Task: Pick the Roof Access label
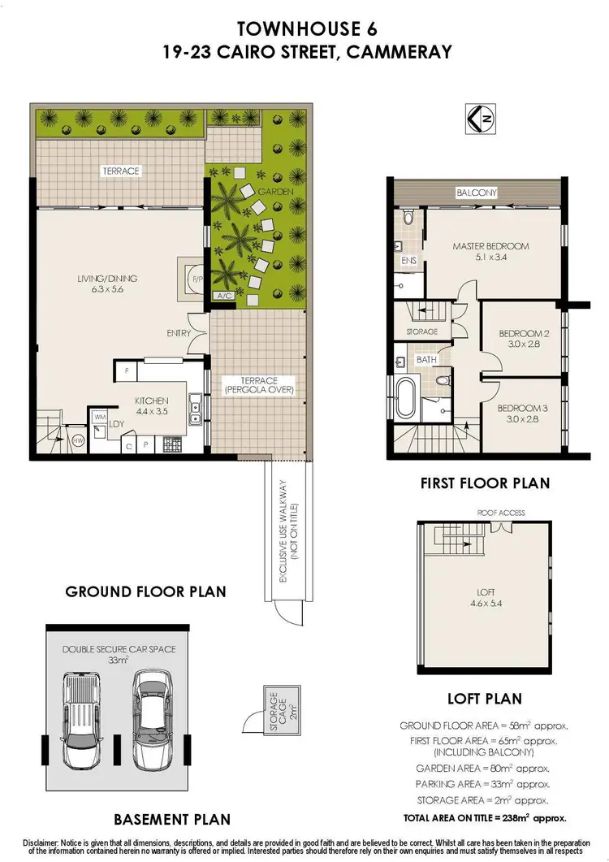coord(501,513)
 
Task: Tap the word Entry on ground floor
coord(179,333)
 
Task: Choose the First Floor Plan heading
coord(485,483)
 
